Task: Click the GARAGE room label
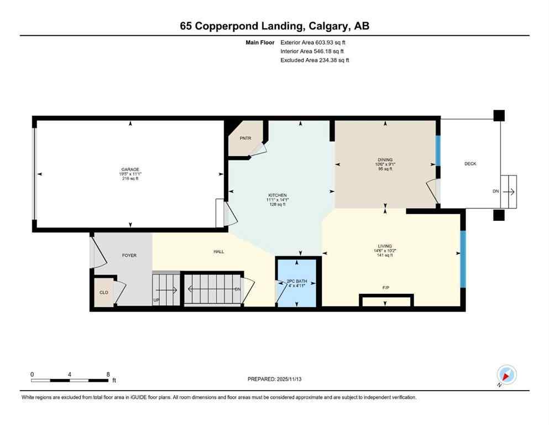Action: pyautogui.click(x=130, y=169)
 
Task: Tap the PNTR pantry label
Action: pyautogui.click(x=245, y=138)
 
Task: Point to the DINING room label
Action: pyautogui.click(x=385, y=160)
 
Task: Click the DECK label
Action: pyautogui.click(x=470, y=164)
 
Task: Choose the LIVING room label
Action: pyautogui.click(x=385, y=246)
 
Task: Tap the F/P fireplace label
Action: pyautogui.click(x=385, y=288)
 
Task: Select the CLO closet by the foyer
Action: pyautogui.click(x=103, y=292)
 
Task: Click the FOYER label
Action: pyautogui.click(x=129, y=255)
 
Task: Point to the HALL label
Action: pyautogui.click(x=219, y=252)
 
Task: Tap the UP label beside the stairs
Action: pyautogui.click(x=156, y=300)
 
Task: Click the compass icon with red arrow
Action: pyautogui.click(x=506, y=375)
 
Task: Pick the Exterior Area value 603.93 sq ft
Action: pyautogui.click(x=331, y=42)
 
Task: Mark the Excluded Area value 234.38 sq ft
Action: pyautogui.click(x=331, y=60)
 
